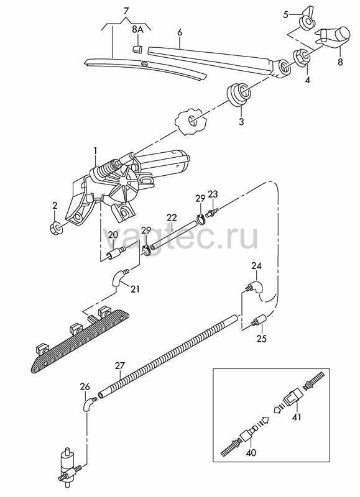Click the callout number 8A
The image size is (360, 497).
tap(137, 29)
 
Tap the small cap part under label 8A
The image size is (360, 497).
tap(137, 48)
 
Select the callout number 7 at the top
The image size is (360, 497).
tap(126, 11)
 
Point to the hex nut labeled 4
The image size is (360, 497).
tap(302, 58)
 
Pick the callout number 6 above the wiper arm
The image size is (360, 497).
tap(180, 32)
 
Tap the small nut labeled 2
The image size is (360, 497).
tap(56, 227)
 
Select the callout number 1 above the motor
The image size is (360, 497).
tap(95, 153)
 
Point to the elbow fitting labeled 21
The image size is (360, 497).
tap(119, 276)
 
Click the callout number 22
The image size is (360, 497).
tap(172, 217)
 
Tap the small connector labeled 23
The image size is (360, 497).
tap(211, 212)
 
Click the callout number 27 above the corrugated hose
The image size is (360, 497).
tap(120, 366)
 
